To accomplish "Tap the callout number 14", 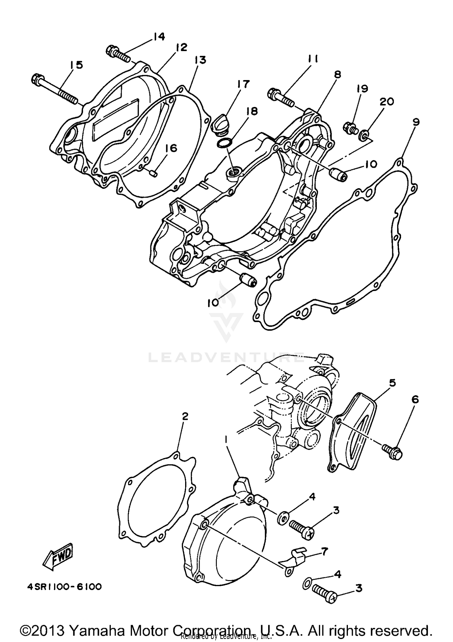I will pyautogui.click(x=159, y=37).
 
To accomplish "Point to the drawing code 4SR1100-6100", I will pyautogui.click(x=64, y=587).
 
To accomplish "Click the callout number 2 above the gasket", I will pyautogui.click(x=185, y=417).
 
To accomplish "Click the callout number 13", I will pyautogui.click(x=200, y=60).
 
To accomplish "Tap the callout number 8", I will pyautogui.click(x=338, y=74).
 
